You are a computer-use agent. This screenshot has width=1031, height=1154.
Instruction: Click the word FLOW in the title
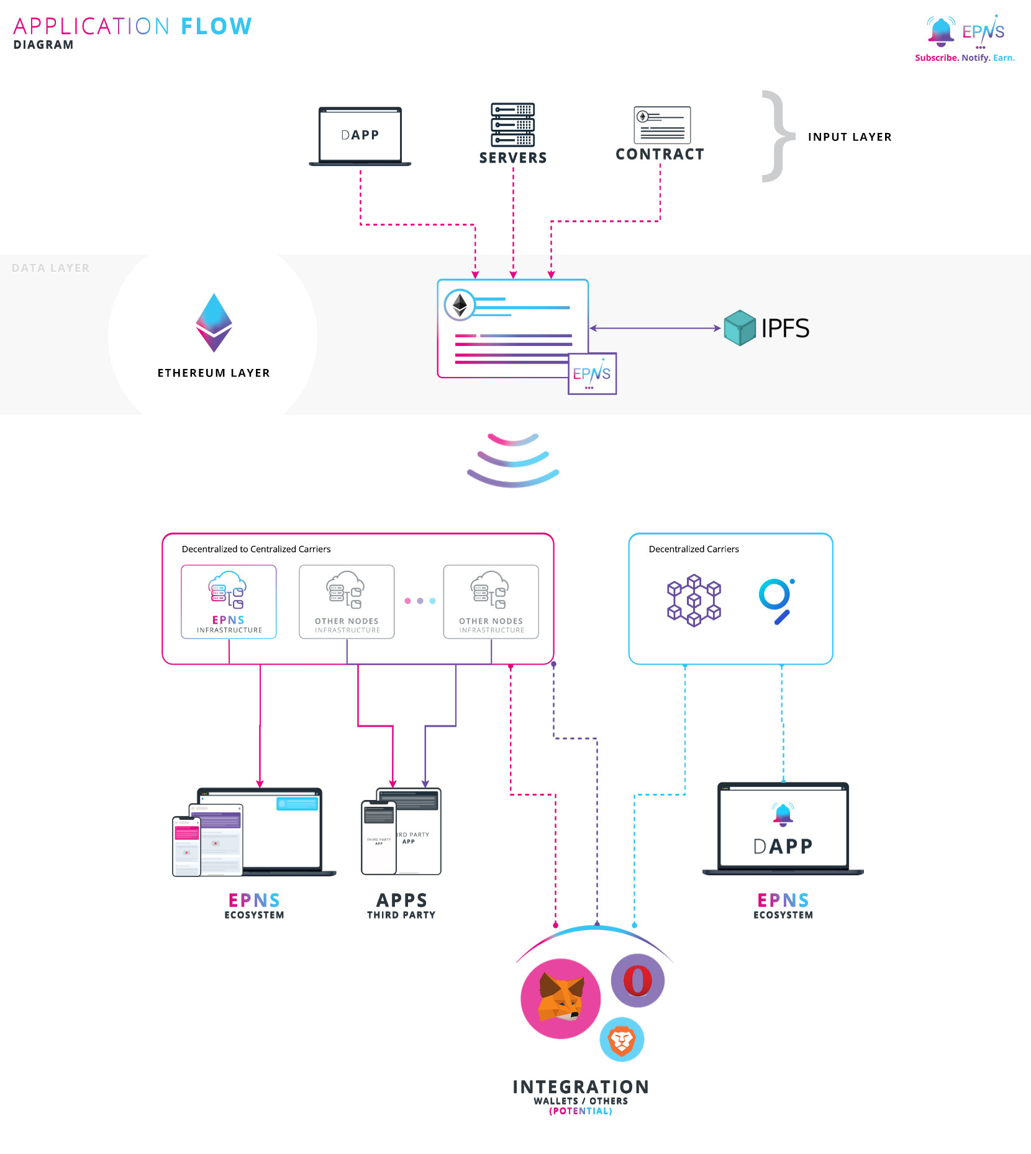216,27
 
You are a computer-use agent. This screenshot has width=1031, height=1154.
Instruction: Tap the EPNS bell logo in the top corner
941,31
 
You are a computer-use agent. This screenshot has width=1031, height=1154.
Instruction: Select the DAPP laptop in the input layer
360,136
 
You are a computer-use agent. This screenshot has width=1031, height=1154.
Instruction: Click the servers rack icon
513,124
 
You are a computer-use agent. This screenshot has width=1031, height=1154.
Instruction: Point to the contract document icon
662,125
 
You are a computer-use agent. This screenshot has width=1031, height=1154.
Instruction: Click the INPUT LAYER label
850,137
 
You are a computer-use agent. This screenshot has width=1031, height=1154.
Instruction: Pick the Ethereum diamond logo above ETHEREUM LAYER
214,323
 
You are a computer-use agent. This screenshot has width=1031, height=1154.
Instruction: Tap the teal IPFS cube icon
740,328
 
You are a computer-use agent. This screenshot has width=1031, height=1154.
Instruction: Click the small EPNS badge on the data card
592,373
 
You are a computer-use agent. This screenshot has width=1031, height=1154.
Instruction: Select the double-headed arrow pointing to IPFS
655,328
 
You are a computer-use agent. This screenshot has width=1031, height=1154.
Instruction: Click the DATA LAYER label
51,268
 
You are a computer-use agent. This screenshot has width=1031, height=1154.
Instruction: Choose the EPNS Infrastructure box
229,601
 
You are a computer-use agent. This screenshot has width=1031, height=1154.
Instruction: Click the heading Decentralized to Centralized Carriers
256,549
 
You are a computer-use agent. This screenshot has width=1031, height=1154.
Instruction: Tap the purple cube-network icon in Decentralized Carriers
694,601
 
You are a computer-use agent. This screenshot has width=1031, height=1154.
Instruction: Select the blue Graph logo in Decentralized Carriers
776,601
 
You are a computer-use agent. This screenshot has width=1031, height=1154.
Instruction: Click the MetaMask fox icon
560,998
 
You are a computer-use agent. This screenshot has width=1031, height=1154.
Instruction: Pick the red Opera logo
638,981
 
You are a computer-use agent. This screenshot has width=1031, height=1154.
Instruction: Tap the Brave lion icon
622,1040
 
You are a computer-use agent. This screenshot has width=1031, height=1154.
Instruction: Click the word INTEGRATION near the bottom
581,1087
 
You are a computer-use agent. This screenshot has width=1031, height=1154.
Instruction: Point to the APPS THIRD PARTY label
401,906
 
